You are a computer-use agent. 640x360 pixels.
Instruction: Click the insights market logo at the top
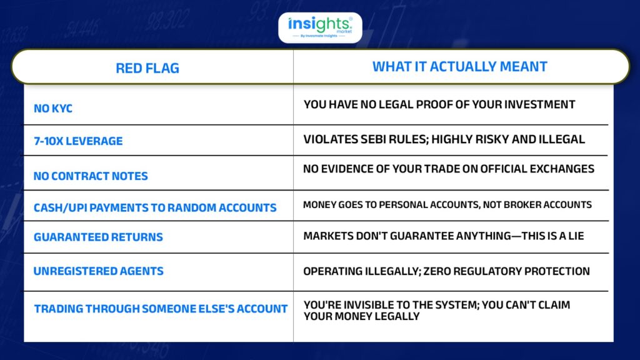320,27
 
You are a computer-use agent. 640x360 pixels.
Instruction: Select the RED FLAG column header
147,68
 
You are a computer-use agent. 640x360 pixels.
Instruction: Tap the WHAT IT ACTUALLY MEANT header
459,66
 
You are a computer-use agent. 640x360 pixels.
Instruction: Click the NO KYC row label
53,109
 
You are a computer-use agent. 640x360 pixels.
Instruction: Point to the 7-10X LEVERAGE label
78,141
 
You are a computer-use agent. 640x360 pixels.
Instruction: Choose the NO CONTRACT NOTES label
91,176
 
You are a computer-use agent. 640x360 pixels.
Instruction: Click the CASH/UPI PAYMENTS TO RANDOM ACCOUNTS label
155,207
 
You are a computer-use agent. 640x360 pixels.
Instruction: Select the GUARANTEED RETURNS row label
98,237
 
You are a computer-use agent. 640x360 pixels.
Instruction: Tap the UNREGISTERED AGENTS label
98,271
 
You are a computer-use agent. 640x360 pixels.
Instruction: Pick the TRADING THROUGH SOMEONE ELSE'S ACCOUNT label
161,309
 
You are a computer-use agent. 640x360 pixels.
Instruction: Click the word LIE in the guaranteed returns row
576,236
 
